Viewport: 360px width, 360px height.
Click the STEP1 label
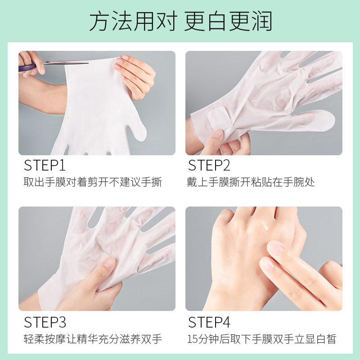click(x=45, y=165)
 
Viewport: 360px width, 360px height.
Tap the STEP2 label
click(x=209, y=165)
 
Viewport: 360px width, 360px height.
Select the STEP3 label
click(x=45, y=322)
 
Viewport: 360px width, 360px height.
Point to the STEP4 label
click(x=209, y=322)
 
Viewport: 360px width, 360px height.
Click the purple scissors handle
click(x=27, y=67)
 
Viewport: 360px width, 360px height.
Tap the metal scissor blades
click(x=67, y=62)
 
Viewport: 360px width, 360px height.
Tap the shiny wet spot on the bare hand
click(x=266, y=228)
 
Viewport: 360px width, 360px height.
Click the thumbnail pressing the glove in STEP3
click(x=109, y=263)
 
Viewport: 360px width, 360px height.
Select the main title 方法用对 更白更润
click(x=180, y=21)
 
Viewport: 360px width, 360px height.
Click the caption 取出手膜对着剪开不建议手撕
click(x=93, y=182)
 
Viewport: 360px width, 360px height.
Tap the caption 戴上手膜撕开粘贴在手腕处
click(x=251, y=182)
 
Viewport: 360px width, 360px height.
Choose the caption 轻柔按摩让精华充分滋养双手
click(x=93, y=339)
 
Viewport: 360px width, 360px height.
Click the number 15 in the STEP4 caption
click(x=193, y=339)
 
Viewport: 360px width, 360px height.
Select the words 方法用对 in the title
click(x=133, y=21)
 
